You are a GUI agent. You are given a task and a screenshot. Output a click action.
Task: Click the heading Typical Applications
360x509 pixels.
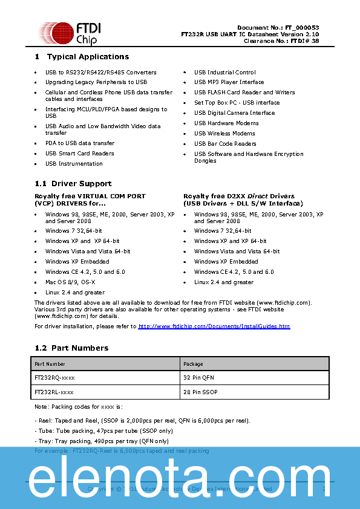(88, 57)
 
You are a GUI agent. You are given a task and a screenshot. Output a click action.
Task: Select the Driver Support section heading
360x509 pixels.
(81, 184)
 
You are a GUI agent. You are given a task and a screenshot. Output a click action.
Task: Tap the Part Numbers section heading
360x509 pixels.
(80, 348)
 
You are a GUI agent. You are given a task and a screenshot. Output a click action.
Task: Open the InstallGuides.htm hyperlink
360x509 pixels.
(214, 326)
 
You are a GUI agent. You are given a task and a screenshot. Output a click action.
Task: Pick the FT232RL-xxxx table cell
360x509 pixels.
(54, 392)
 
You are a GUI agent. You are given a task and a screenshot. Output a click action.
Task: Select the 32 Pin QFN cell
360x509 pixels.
(198, 378)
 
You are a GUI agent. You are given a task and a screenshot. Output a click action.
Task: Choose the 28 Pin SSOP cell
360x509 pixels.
(200, 392)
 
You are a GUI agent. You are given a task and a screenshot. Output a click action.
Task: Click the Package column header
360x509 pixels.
(193, 364)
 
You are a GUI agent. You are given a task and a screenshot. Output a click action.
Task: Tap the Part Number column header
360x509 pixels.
(50, 364)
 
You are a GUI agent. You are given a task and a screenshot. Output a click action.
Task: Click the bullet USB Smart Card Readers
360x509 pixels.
(79, 154)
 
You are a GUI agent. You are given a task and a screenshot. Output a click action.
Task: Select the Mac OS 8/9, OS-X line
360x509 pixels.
(70, 282)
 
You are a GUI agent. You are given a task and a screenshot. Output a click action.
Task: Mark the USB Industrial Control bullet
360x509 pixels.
(224, 73)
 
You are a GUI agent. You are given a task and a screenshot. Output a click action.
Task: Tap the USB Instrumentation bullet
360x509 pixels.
(74, 164)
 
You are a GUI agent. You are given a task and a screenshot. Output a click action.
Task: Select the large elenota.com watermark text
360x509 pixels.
(180, 479)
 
